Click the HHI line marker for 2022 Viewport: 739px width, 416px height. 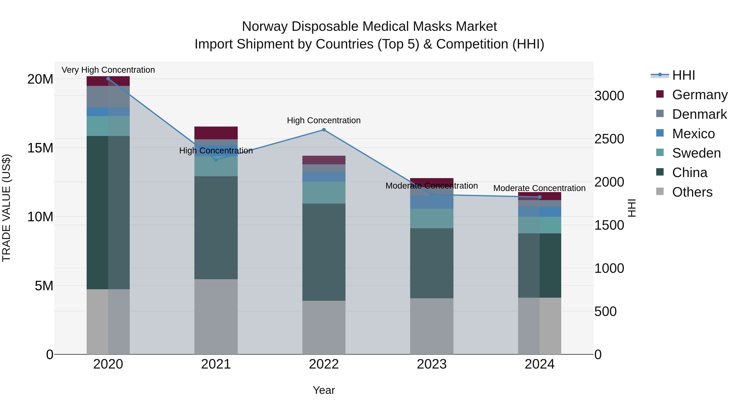324,130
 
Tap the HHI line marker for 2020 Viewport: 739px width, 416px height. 108,79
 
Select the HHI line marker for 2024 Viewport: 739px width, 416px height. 540,197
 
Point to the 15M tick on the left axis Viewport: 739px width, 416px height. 40,148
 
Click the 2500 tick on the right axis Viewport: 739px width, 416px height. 609,139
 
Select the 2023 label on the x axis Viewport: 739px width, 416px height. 432,364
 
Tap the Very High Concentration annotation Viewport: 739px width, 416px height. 108,70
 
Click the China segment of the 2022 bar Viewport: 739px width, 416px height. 324,252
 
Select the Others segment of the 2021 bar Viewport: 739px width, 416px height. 216,316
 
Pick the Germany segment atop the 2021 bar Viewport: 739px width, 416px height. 216,133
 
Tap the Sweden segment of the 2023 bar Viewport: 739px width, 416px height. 432,219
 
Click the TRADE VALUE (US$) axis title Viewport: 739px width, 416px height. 6,208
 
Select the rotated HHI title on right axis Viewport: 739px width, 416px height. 632,208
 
